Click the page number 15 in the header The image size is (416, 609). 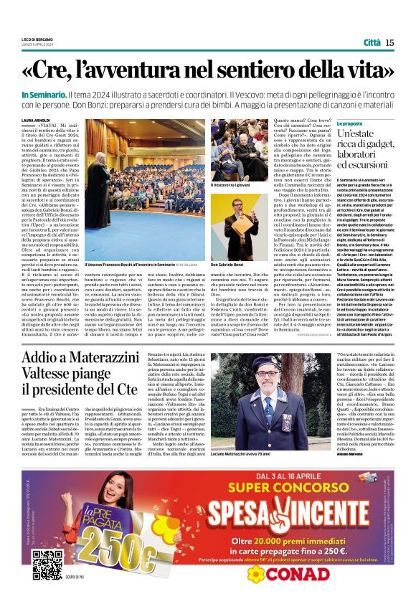(389, 43)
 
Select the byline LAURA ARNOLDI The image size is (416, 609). (36, 121)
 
